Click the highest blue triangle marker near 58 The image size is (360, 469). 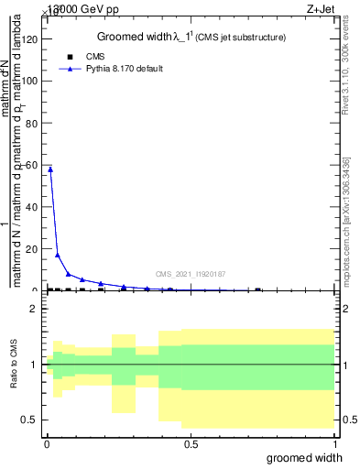coord(50,169)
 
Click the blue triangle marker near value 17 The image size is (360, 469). coord(58,255)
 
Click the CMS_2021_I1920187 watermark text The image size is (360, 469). coord(191,274)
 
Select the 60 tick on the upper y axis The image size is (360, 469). coord(34,165)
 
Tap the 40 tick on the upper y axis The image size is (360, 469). coord(34,207)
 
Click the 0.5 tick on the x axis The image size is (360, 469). coord(191,443)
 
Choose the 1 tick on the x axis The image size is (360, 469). coord(334,443)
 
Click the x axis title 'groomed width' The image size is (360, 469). coord(311,457)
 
